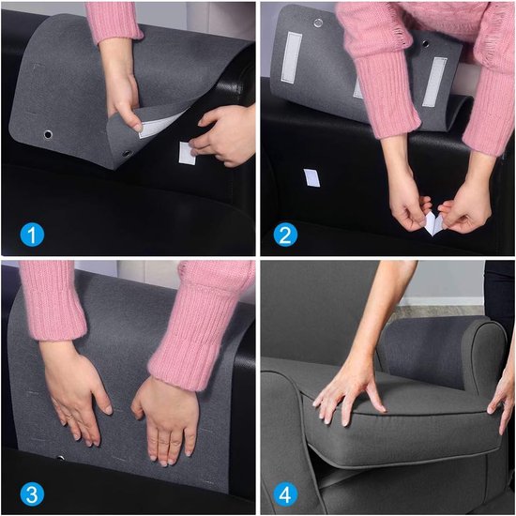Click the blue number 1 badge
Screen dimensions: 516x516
tap(32, 235)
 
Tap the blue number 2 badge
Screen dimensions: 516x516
tap(285, 235)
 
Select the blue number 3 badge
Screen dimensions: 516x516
tap(32, 494)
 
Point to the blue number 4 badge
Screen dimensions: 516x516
tap(285, 494)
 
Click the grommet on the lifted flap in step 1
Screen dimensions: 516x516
tap(127, 154)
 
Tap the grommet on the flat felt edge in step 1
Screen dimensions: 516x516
tap(48, 134)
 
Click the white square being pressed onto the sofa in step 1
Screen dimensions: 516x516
tap(187, 153)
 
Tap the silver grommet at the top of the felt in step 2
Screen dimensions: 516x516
tap(318, 23)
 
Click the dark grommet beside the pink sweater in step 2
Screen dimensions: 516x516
tap(426, 43)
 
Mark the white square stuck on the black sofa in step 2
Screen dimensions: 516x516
tap(311, 177)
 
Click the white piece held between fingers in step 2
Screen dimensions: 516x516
tap(433, 223)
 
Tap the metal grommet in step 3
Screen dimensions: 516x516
tap(61, 458)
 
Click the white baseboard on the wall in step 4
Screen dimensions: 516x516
tap(441, 301)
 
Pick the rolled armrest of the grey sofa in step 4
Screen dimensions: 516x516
tap(487, 356)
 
